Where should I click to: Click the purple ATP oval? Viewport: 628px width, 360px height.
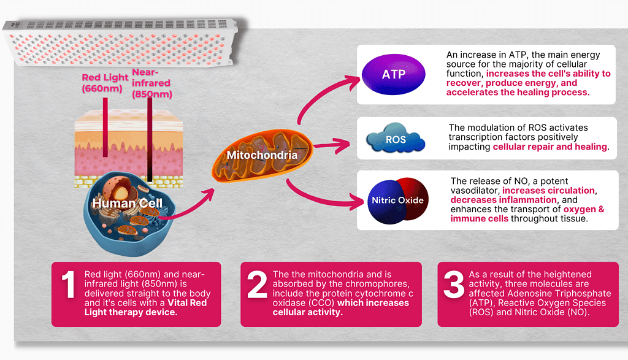(393, 74)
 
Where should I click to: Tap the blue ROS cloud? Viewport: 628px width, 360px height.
(396, 138)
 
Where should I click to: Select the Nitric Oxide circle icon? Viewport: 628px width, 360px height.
(397, 200)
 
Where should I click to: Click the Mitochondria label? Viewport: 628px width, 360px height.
(262, 155)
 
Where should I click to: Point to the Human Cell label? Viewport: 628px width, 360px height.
(128, 203)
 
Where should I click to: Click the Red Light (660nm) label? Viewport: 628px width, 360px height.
(105, 83)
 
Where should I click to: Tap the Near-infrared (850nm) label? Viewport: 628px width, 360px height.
(152, 83)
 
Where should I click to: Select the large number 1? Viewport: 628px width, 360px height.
(69, 285)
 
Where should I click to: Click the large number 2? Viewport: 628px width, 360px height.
(257, 285)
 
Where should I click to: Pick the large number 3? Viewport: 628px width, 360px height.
(454, 285)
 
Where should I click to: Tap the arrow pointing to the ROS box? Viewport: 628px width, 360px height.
(331, 145)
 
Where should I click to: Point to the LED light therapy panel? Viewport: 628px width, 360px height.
(120, 42)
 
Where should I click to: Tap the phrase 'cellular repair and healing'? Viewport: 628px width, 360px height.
(549, 147)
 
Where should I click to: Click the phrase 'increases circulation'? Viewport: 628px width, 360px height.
(548, 191)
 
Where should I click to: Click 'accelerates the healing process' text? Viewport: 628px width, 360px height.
(518, 93)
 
